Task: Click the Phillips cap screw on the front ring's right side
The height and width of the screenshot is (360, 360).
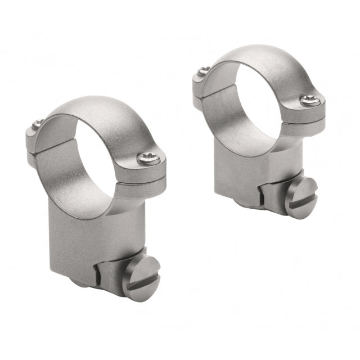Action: point(148,158)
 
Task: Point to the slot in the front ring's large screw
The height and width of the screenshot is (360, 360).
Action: point(142,279)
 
